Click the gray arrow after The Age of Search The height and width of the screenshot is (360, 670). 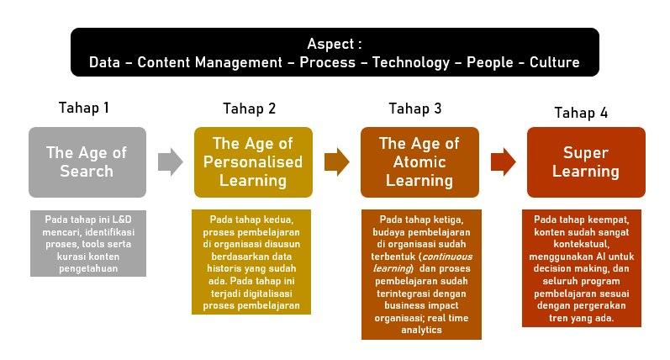171,162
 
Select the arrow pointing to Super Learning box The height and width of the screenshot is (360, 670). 504,162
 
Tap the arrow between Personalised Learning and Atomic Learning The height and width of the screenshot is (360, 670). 337,162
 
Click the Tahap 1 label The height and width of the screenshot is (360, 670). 84,108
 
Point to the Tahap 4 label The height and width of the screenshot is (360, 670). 581,113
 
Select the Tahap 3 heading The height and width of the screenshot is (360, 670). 415,109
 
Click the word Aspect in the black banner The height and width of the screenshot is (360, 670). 330,44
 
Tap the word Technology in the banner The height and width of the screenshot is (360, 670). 411,63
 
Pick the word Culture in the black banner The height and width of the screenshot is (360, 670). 555,62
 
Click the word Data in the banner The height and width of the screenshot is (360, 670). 104,62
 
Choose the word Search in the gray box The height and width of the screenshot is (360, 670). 87,171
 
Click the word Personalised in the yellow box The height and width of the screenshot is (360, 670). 253,162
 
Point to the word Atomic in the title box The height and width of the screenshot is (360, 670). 419,162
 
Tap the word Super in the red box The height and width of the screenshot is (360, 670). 586,152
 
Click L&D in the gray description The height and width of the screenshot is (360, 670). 122,220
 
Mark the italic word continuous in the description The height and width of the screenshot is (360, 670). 447,257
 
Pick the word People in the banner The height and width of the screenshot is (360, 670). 490,63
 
